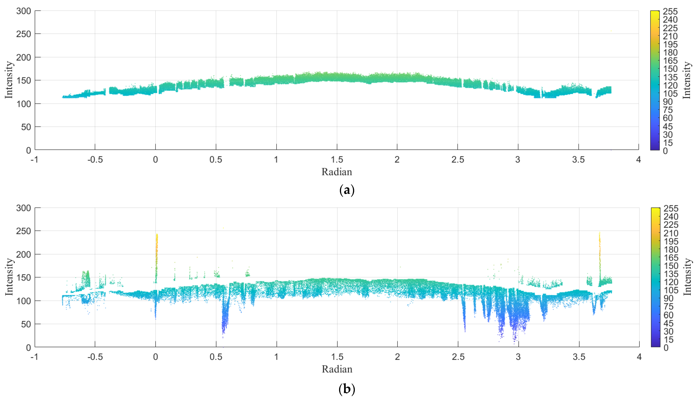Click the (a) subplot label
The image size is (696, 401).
[x=347, y=190]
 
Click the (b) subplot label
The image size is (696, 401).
[x=347, y=389]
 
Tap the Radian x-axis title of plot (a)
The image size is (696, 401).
[x=337, y=172]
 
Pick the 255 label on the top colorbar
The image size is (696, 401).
[x=670, y=12]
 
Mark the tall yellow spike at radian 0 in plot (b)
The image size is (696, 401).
[x=156, y=248]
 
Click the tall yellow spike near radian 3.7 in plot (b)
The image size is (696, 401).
[x=599, y=248]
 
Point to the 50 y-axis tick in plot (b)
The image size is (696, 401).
[x=26, y=324]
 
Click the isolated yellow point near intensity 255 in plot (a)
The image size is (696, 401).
[x=611, y=31]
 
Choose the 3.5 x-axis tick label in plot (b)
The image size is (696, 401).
[x=579, y=357]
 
